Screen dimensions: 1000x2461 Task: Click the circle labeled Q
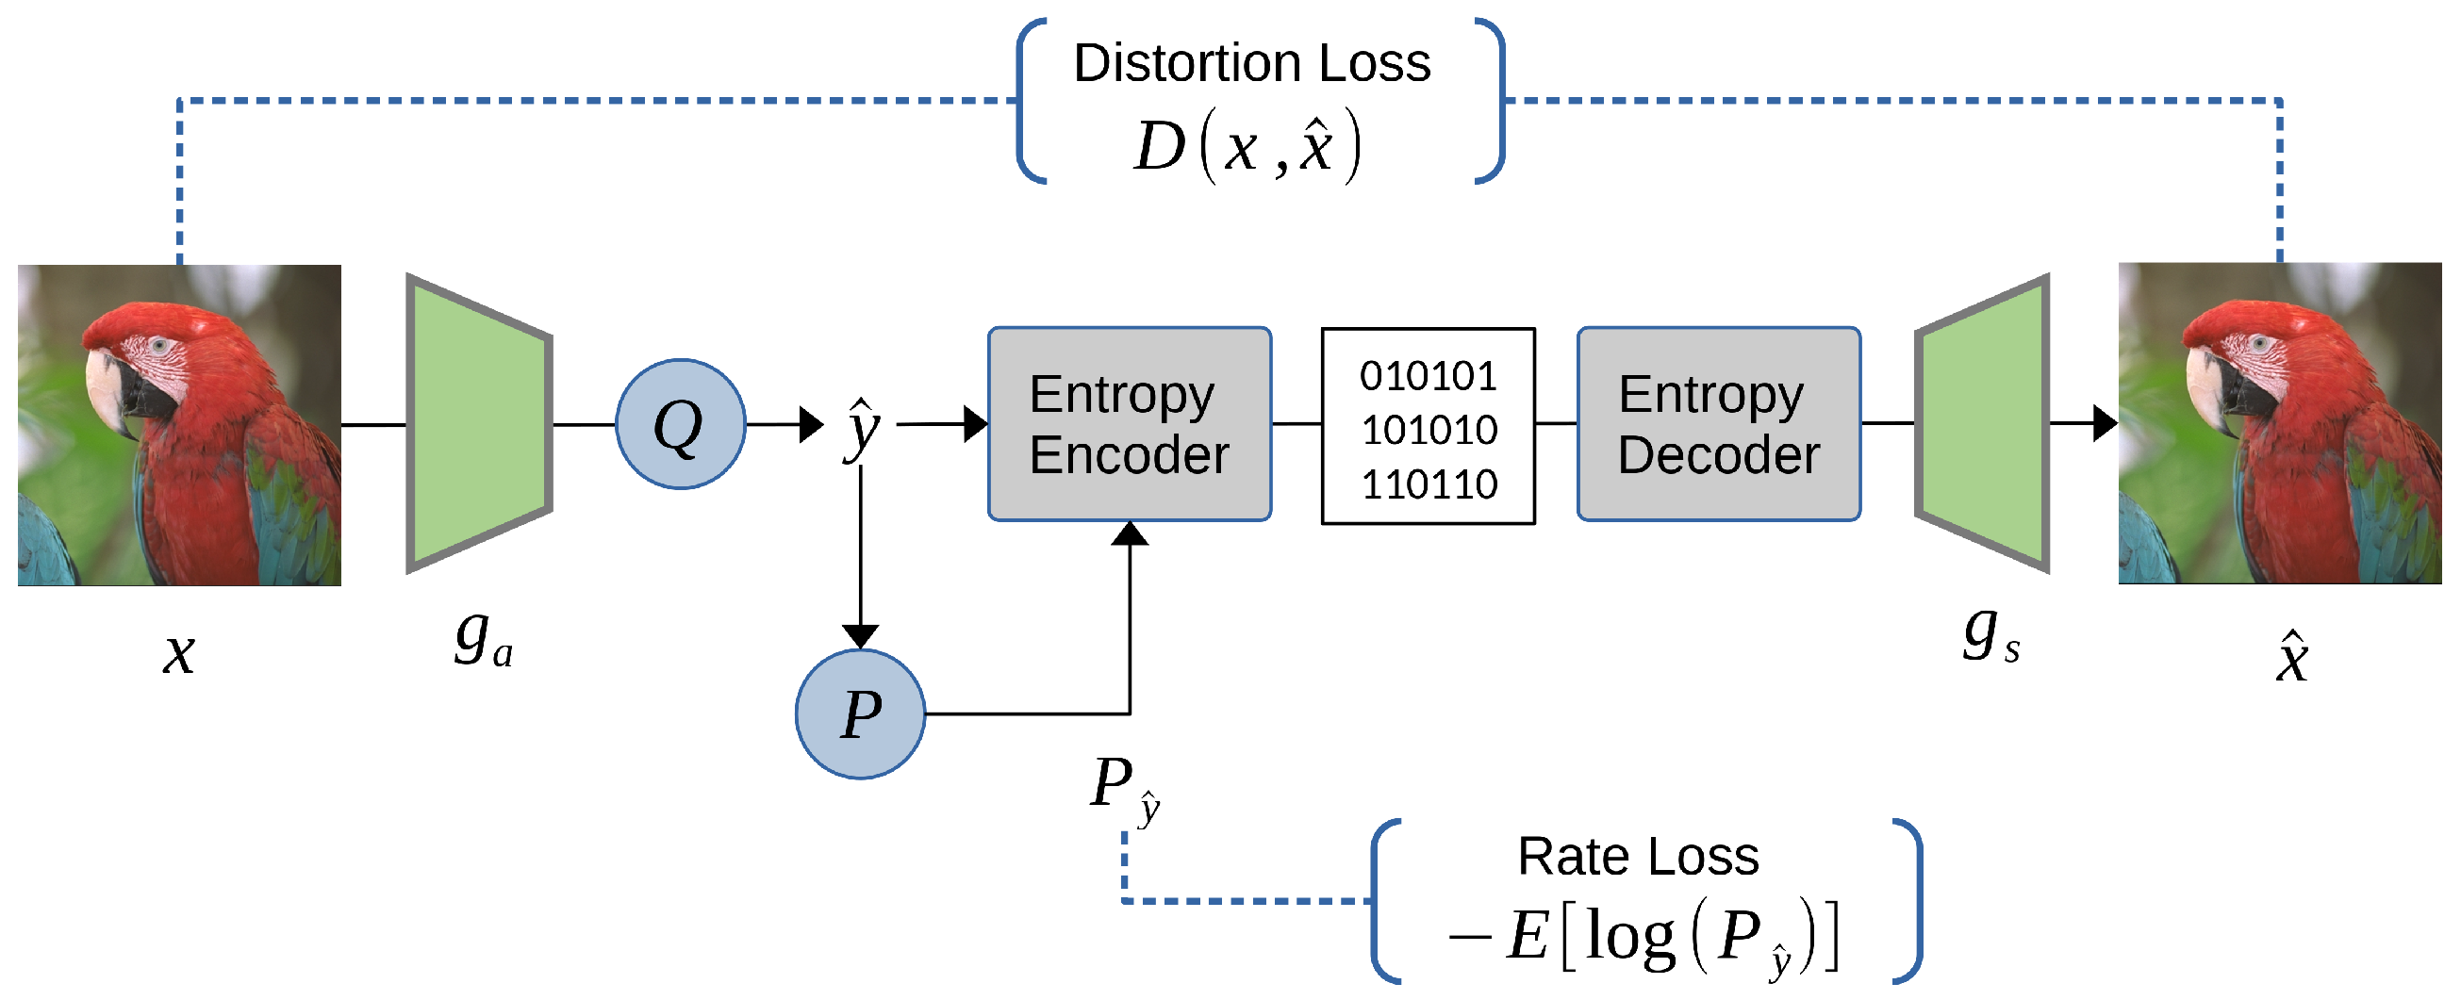click(x=679, y=424)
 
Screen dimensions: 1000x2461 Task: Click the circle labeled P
click(x=860, y=713)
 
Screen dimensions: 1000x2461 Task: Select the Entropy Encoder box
click(x=1129, y=424)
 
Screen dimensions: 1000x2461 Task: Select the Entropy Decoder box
click(x=1718, y=424)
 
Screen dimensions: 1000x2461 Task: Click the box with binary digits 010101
click(x=1428, y=426)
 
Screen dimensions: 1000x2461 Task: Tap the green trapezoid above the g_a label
click(x=478, y=424)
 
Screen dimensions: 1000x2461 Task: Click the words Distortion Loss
click(x=1251, y=63)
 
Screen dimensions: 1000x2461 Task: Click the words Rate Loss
click(x=1638, y=856)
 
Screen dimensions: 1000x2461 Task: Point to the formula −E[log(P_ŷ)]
click(x=1643, y=938)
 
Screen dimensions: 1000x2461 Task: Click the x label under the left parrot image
click(x=178, y=654)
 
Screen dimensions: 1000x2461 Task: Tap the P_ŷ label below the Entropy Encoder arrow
click(x=1124, y=788)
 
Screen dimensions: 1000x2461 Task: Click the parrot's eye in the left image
click(x=158, y=346)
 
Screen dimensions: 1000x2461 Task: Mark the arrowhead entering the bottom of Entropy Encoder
click(x=1130, y=533)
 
